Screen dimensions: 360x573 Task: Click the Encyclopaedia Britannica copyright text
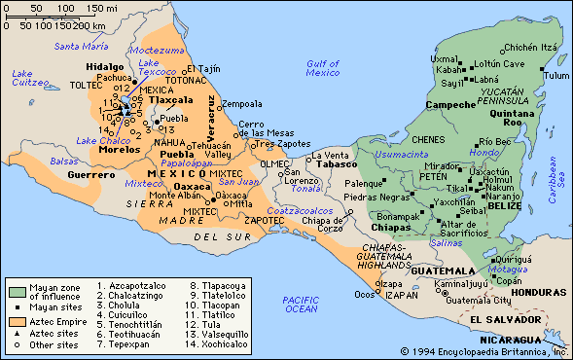(x=483, y=351)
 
